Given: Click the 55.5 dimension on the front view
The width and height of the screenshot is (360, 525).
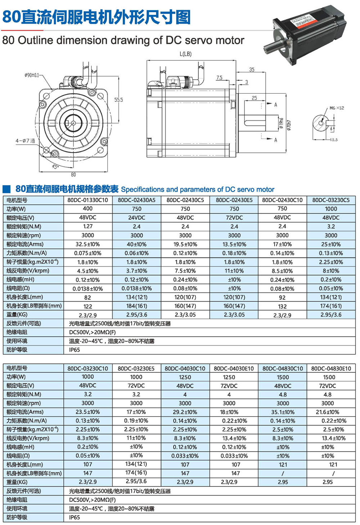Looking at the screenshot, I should [x=118, y=100].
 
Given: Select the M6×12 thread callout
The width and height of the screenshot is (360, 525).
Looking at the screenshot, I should [x=337, y=108].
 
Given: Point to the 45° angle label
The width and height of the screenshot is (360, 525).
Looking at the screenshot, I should [x=55, y=166].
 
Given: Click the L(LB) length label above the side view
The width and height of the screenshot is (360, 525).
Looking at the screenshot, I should [x=185, y=54].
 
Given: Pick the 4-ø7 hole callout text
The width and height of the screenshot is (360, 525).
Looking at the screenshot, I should [x=25, y=141].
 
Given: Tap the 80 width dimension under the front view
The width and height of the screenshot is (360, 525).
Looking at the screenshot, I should [x=73, y=175].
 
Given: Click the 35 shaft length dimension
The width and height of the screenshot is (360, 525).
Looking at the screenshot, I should [x=252, y=70].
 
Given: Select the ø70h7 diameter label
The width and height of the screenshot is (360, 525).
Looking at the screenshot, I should [x=289, y=124].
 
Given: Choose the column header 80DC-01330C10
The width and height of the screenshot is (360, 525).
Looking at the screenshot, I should [x=87, y=200].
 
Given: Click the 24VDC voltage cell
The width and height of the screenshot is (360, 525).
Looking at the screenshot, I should [x=136, y=218].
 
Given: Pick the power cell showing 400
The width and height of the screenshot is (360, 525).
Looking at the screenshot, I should [x=87, y=209].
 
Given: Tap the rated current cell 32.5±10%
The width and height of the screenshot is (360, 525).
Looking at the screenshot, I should [x=87, y=244].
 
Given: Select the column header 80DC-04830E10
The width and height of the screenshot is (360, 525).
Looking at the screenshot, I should [x=331, y=368].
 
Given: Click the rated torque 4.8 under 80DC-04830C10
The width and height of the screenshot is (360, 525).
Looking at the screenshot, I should [x=283, y=395].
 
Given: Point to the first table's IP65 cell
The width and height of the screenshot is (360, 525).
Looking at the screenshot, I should [x=75, y=350].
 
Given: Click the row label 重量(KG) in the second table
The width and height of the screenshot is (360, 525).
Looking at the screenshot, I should [x=17, y=482].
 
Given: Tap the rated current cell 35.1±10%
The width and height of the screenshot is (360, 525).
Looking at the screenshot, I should [x=283, y=412].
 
